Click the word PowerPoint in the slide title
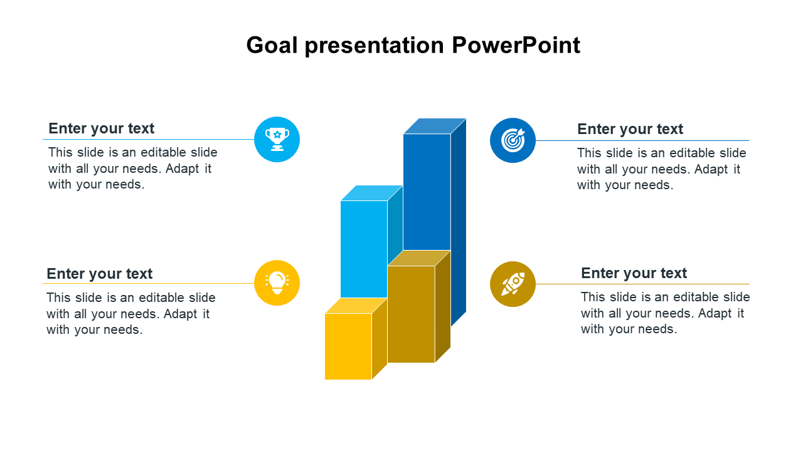(516, 46)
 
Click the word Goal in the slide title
(272, 46)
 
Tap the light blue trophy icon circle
(277, 139)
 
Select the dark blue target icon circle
(513, 140)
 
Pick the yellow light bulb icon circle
(277, 283)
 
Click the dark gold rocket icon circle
(513, 284)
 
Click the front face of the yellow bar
(348, 346)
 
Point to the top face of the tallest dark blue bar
(435, 126)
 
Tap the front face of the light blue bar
(364, 249)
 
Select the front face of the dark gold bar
(411, 314)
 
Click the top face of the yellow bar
(356, 306)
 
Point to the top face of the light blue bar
(372, 193)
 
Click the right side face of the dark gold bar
(443, 306)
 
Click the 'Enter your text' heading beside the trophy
(102, 128)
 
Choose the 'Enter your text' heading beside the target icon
(630, 129)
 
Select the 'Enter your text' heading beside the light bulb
(100, 274)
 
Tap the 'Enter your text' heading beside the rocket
(634, 273)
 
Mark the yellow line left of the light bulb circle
(149, 284)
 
